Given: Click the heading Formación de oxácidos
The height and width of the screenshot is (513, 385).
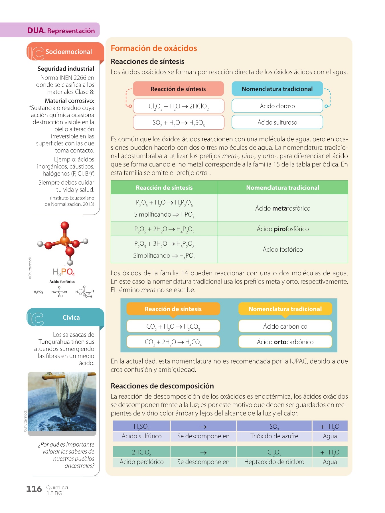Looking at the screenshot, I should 154,48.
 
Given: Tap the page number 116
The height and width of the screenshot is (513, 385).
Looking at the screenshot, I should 34,489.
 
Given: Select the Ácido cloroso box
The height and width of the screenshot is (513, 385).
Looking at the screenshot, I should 277,106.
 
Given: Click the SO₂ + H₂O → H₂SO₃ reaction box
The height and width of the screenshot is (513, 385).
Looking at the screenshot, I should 179,123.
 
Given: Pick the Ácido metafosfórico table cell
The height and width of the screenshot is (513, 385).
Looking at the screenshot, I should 283,208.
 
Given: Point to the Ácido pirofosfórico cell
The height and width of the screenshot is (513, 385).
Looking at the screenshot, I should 283,229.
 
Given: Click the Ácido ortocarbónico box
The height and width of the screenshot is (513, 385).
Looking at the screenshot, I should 285,342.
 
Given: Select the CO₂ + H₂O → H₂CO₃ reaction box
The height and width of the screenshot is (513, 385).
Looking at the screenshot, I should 173,326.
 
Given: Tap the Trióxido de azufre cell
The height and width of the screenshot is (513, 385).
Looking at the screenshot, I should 274,436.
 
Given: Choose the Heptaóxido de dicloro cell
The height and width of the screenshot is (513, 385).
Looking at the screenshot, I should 274,462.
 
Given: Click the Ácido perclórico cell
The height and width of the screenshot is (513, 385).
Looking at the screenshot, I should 141,462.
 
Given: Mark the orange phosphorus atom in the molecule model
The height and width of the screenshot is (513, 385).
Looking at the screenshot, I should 64,241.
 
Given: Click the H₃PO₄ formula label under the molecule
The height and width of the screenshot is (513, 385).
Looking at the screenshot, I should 64,272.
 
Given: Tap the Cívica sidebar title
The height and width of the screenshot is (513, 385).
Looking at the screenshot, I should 71,317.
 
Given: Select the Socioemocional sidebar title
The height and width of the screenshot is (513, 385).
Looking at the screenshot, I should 69,52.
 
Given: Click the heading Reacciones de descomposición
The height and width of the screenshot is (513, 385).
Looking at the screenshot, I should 162,386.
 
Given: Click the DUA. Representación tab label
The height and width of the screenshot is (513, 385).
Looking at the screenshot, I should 61,30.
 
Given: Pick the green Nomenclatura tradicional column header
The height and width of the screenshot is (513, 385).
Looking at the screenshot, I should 283,188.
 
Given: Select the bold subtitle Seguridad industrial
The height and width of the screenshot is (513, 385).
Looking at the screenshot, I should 66,69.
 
